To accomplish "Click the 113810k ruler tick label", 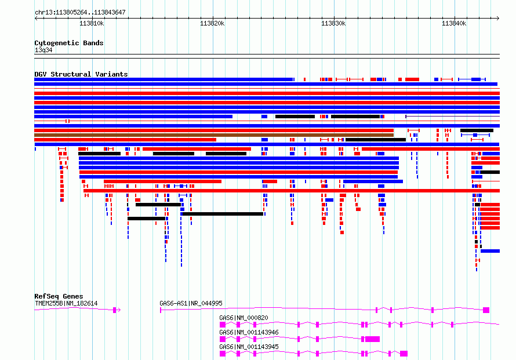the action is (92, 23).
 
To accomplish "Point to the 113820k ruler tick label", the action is (212, 23).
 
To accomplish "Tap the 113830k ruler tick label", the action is (333, 23).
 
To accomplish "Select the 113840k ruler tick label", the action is (454, 23).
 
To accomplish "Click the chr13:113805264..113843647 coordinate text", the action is (80, 12).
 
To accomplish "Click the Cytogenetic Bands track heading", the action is (69, 43).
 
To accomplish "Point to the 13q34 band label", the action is (43, 50).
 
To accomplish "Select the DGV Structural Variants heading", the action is (81, 74).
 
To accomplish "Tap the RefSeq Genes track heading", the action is (59, 296).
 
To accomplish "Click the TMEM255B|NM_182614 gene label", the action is (66, 303).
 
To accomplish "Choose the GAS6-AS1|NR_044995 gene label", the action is (191, 303).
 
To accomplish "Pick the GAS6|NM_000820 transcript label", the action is (244, 318).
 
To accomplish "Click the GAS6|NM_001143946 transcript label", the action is (249, 332).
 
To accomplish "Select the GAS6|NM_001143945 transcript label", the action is (249, 347).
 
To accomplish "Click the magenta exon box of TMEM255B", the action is (115, 310).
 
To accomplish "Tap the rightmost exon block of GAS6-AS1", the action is (486, 310).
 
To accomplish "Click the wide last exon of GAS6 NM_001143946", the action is (373, 339).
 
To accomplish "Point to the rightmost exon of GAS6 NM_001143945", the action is (404, 354).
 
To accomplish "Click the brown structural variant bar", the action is (214, 135).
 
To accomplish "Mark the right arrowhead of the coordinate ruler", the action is (498, 19).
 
